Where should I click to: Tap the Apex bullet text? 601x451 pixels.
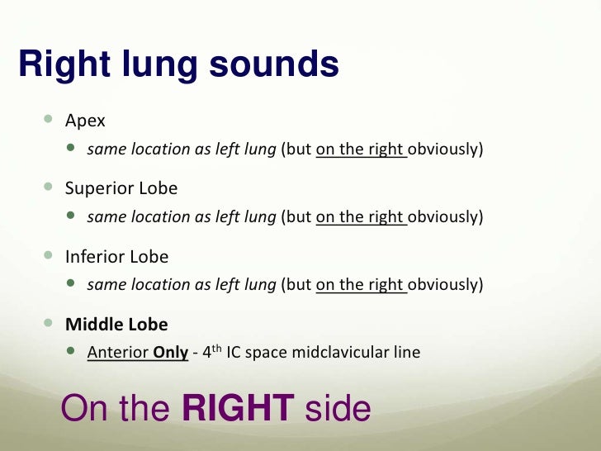click(x=85, y=121)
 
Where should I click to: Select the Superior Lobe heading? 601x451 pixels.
click(x=121, y=188)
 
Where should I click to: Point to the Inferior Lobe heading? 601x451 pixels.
click(x=116, y=256)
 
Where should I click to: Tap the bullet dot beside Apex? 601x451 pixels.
click(x=50, y=121)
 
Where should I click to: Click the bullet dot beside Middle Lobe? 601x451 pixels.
click(x=50, y=323)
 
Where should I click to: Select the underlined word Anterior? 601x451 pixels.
click(x=116, y=353)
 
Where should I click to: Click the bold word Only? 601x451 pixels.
click(x=171, y=353)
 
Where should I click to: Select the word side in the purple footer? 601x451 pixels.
click(x=338, y=409)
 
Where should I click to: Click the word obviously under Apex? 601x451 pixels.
click(x=445, y=150)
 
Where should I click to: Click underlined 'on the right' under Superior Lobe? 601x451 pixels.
click(x=360, y=218)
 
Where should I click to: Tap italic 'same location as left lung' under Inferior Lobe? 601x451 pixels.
click(x=181, y=285)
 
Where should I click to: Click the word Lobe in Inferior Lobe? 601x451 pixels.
click(x=150, y=256)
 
